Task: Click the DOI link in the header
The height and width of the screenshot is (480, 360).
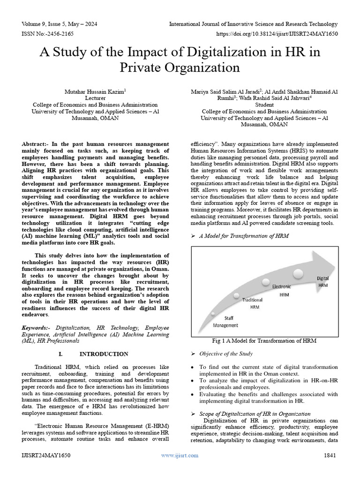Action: [x=277, y=34]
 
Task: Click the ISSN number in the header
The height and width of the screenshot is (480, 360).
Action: [x=47, y=34]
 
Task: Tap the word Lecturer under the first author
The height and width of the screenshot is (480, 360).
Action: [x=95, y=98]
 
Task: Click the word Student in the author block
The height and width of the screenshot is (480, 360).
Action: [x=264, y=105]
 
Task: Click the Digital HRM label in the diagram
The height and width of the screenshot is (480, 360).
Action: [x=323, y=281]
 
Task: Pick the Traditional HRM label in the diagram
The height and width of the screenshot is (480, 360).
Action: [x=255, y=303]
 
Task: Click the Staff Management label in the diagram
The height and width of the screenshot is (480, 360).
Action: [x=225, y=322]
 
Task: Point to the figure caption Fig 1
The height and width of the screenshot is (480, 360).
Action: [x=264, y=340]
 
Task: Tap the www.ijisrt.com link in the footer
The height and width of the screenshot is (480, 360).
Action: [x=180, y=455]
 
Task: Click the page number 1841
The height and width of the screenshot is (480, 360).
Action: [x=330, y=455]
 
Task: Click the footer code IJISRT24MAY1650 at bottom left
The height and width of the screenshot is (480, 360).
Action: [x=46, y=455]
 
